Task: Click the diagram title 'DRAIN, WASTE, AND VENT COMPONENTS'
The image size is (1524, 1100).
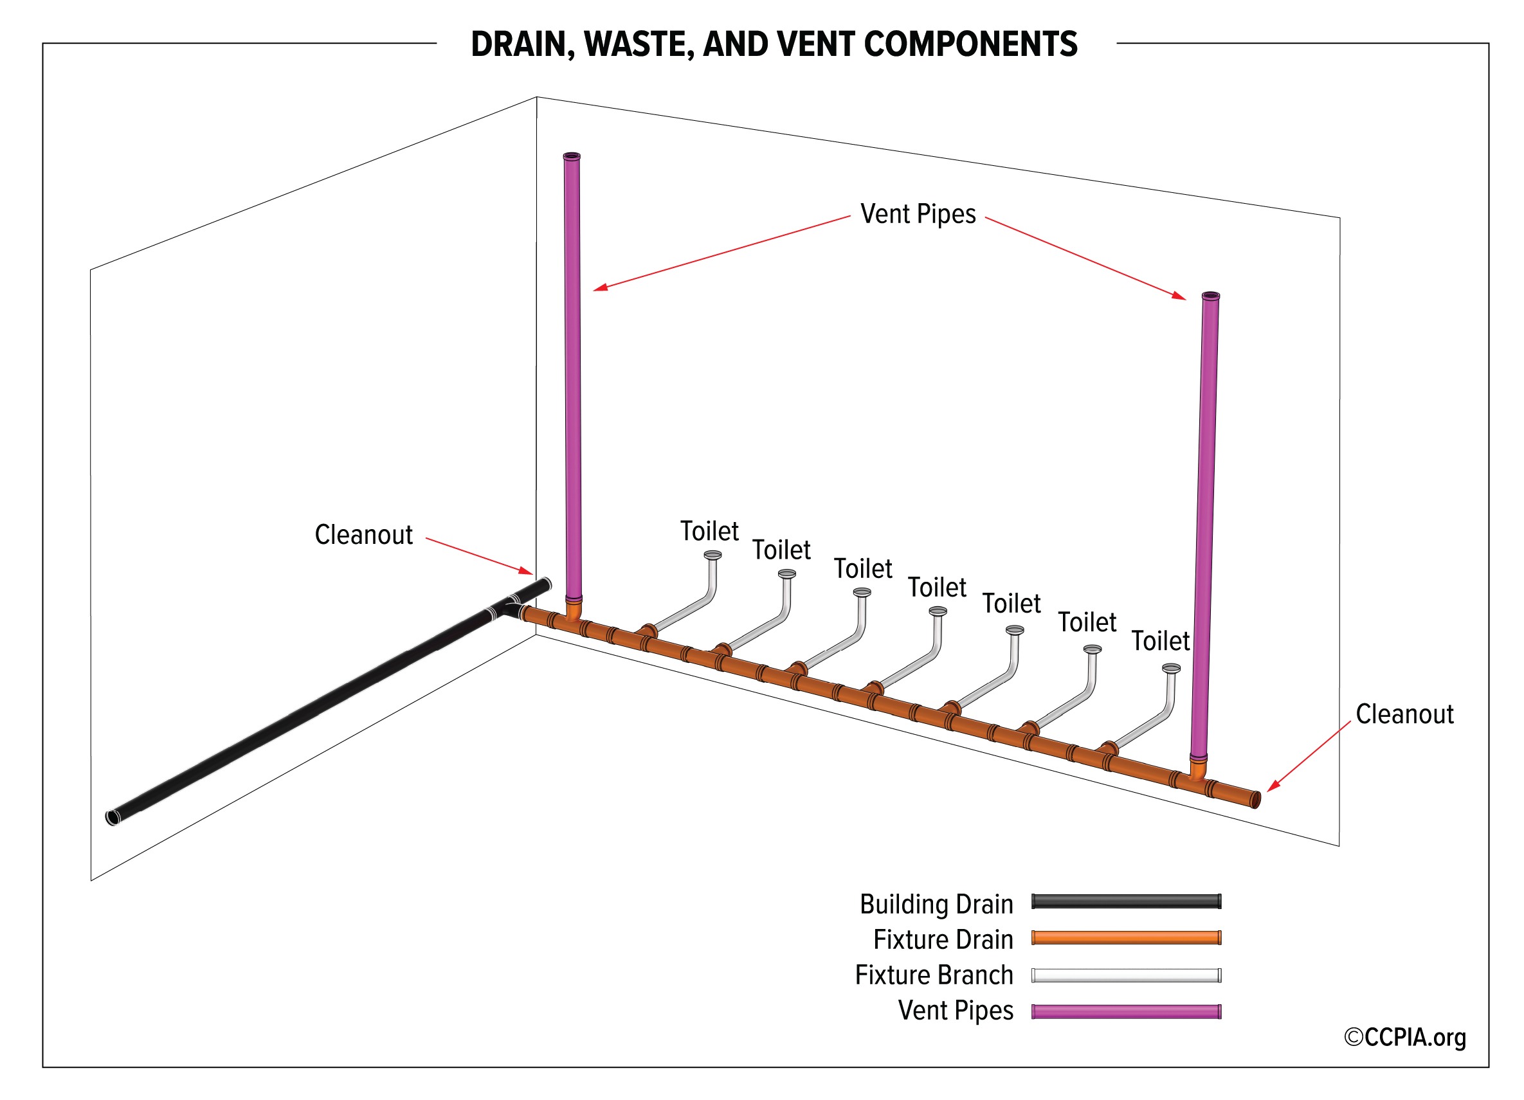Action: (774, 44)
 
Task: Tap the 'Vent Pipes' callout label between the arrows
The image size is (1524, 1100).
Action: (918, 214)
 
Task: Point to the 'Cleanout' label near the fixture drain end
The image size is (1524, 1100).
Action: (1404, 714)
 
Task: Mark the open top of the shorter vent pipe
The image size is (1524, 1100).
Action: (1210, 296)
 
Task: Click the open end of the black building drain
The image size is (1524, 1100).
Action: (113, 818)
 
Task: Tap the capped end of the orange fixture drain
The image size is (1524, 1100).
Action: (1255, 800)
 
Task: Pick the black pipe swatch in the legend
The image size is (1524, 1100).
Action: (1126, 902)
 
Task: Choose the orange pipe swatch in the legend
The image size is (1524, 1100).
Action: (1126, 938)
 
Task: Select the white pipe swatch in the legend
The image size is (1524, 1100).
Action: (1126, 975)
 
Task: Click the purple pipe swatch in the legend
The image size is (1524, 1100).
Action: (1126, 1011)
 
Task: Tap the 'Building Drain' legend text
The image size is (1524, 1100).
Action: (936, 905)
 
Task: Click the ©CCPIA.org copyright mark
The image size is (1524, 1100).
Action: (1405, 1038)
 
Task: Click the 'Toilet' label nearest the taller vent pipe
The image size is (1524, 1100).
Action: (709, 532)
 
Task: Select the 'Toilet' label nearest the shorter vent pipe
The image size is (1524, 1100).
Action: (1161, 641)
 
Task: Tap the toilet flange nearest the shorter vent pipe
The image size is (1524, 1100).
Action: (1171, 669)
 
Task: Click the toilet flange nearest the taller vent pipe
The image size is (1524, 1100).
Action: (713, 555)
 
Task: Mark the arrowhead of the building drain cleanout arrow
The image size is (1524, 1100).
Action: (527, 571)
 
